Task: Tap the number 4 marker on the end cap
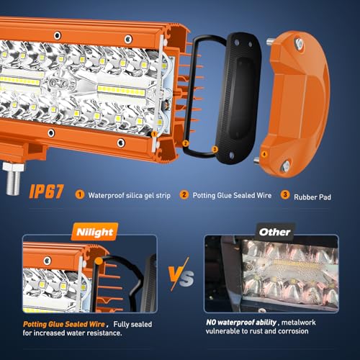(x=264, y=153)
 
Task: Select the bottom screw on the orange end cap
(x=286, y=165)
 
